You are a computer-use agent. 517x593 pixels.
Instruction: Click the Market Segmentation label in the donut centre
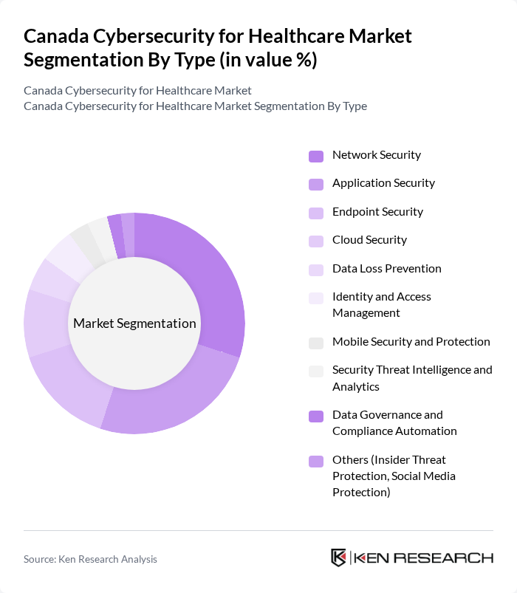pyautogui.click(x=134, y=323)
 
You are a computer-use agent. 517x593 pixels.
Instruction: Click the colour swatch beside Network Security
pyautogui.click(x=316, y=156)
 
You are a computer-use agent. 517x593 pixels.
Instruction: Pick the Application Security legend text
pyautogui.click(x=383, y=183)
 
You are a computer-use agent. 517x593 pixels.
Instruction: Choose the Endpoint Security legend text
pyautogui.click(x=377, y=212)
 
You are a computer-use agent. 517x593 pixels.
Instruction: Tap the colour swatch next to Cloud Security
pyautogui.click(x=316, y=241)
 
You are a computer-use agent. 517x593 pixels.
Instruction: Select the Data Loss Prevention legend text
pyautogui.click(x=386, y=269)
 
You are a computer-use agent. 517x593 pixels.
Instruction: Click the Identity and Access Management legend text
pyautogui.click(x=381, y=304)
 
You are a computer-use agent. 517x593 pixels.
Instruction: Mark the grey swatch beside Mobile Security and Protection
pyautogui.click(x=316, y=343)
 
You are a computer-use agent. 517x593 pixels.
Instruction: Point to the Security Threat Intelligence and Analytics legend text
pyautogui.click(x=411, y=377)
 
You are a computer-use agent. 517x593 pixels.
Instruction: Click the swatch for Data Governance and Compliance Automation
pyautogui.click(x=316, y=417)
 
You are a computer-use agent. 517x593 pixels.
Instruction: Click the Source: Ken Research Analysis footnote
pyautogui.click(x=90, y=559)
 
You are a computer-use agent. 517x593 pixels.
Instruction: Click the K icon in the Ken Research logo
pyautogui.click(x=338, y=558)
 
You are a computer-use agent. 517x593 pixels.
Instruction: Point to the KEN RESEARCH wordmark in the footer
pyautogui.click(x=423, y=558)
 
